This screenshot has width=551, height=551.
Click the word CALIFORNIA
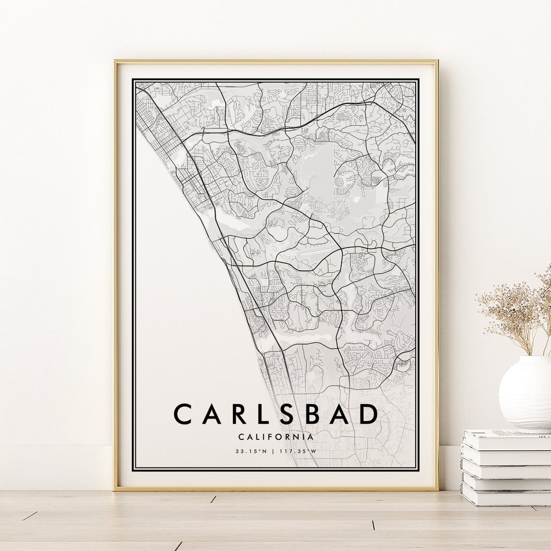275,436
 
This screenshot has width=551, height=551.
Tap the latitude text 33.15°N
251,452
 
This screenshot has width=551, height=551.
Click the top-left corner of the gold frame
116,61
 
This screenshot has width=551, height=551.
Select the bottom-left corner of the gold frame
116,489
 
